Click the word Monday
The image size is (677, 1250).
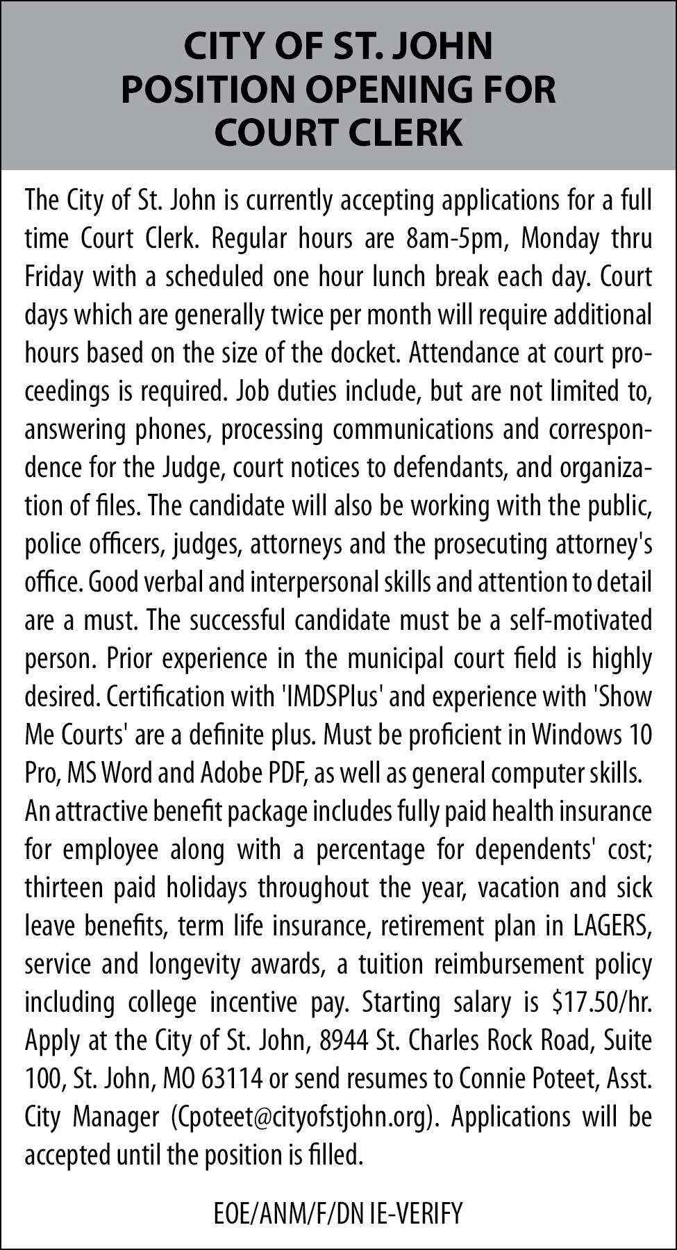pos(560,239)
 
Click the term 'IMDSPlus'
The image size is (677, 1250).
pos(334,697)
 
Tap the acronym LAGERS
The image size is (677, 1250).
pos(612,926)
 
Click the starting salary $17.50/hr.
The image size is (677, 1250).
pos(601,1002)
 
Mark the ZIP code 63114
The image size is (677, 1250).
pos(233,1078)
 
